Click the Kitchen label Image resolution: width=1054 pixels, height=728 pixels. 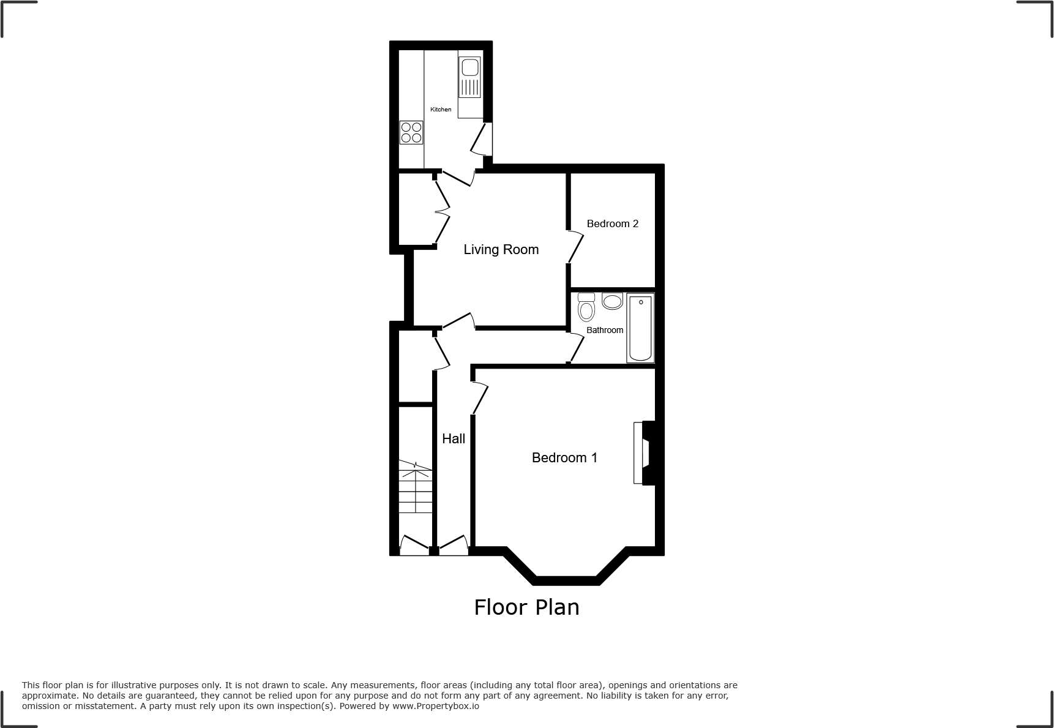(441, 110)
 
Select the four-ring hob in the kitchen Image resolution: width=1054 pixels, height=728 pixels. (411, 132)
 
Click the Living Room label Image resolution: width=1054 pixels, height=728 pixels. (501, 249)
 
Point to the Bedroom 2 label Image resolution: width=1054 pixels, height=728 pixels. (612, 223)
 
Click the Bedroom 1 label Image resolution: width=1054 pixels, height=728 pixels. (564, 457)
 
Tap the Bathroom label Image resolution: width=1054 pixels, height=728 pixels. (605, 330)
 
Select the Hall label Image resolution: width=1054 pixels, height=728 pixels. (454, 438)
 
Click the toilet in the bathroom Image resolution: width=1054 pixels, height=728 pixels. (586, 307)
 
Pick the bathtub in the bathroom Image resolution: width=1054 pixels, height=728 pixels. (640, 328)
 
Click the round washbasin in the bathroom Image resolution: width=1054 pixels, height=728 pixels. (612, 301)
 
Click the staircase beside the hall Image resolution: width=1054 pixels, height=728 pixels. (415, 487)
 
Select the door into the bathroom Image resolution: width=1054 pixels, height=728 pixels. (575, 348)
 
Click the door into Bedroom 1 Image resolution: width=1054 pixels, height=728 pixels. (479, 398)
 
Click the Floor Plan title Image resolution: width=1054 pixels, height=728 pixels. (526, 607)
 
